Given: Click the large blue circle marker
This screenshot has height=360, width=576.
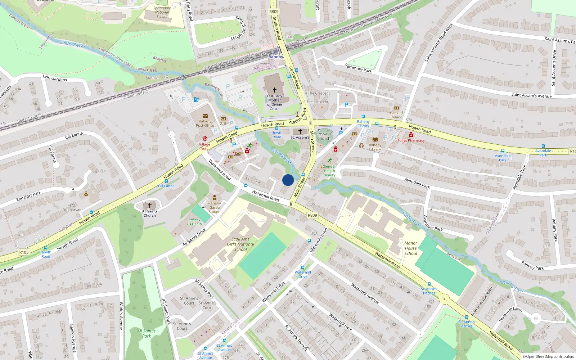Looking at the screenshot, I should click(x=288, y=180).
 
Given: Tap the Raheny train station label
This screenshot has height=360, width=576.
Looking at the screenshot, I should click(x=276, y=57).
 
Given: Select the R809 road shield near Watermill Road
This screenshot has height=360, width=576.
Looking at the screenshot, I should click(x=312, y=215).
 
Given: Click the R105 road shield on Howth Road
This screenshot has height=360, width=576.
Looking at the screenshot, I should click(x=24, y=252).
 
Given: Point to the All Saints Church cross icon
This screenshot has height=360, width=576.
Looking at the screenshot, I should click(x=150, y=206).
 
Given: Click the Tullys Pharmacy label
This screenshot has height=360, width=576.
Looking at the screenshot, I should click(x=411, y=140).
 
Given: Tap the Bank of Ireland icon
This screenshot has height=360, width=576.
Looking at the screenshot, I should click(x=396, y=108).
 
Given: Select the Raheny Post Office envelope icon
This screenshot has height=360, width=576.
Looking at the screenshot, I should click(x=205, y=116).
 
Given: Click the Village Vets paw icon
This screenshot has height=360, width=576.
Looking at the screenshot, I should click(x=204, y=139).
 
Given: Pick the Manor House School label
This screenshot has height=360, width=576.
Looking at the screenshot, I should click(x=411, y=248).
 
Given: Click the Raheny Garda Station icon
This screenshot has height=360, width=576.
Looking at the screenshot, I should click(x=215, y=198).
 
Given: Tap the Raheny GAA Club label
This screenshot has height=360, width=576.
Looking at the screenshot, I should click(x=194, y=222).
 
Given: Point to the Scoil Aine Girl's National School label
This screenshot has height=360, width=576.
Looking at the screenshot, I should click(x=240, y=244).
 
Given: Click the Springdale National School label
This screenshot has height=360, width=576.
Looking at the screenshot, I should click(x=162, y=12).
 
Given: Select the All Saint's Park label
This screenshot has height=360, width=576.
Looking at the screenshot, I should click(x=147, y=333).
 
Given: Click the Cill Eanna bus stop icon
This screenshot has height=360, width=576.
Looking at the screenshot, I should click(x=166, y=181).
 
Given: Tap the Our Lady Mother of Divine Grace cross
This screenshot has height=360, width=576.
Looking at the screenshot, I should click(x=275, y=90).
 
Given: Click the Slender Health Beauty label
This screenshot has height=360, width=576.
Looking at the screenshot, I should click(x=329, y=171).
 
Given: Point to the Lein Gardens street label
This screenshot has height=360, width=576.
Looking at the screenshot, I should click(x=55, y=78).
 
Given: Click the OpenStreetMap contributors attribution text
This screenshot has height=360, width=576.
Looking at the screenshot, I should click(x=548, y=356).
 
